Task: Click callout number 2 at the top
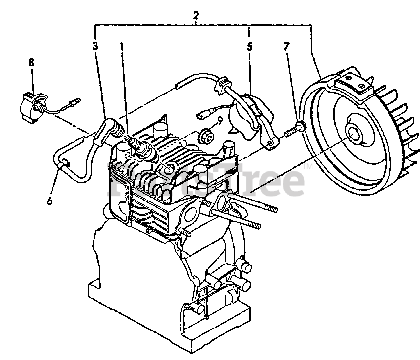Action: (196, 15)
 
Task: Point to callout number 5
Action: (249, 46)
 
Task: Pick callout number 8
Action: (31, 63)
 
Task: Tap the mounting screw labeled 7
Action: (294, 130)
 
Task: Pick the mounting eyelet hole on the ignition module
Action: (270, 144)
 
